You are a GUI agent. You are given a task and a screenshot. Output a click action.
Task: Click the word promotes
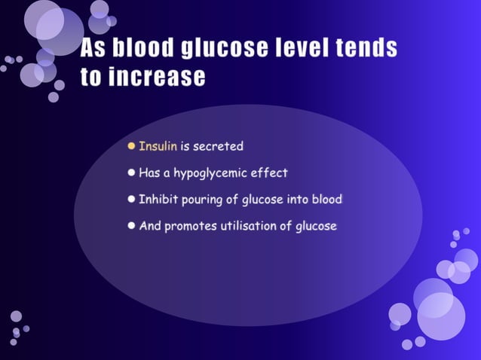pos(188,225)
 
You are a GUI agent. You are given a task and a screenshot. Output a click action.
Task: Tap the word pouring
pos(201,200)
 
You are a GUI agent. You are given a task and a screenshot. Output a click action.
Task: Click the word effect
pos(271,172)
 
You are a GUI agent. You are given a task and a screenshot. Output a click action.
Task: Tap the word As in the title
pos(94,49)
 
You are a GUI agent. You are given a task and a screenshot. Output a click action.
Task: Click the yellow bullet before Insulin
pos(131,145)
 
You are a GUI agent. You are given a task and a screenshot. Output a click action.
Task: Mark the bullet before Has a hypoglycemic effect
pos(131,172)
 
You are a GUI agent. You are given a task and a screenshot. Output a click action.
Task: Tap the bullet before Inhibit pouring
pos(131,199)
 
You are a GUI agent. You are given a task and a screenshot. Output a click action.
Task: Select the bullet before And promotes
pos(131,225)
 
